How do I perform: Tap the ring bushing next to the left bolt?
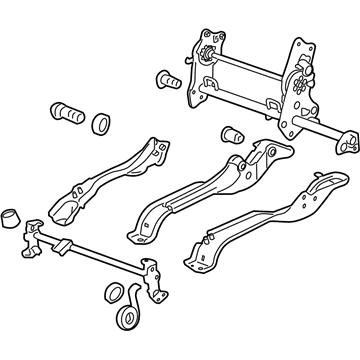[x=101, y=124]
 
